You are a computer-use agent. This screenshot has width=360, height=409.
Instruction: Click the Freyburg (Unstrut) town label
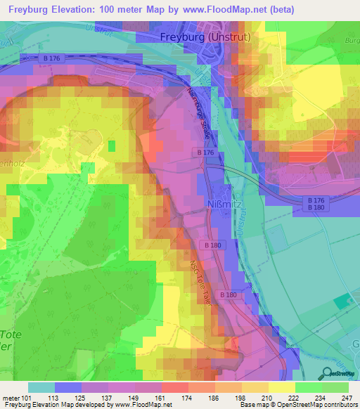[212, 37]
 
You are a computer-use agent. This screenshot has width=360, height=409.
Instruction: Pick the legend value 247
[347, 398]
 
